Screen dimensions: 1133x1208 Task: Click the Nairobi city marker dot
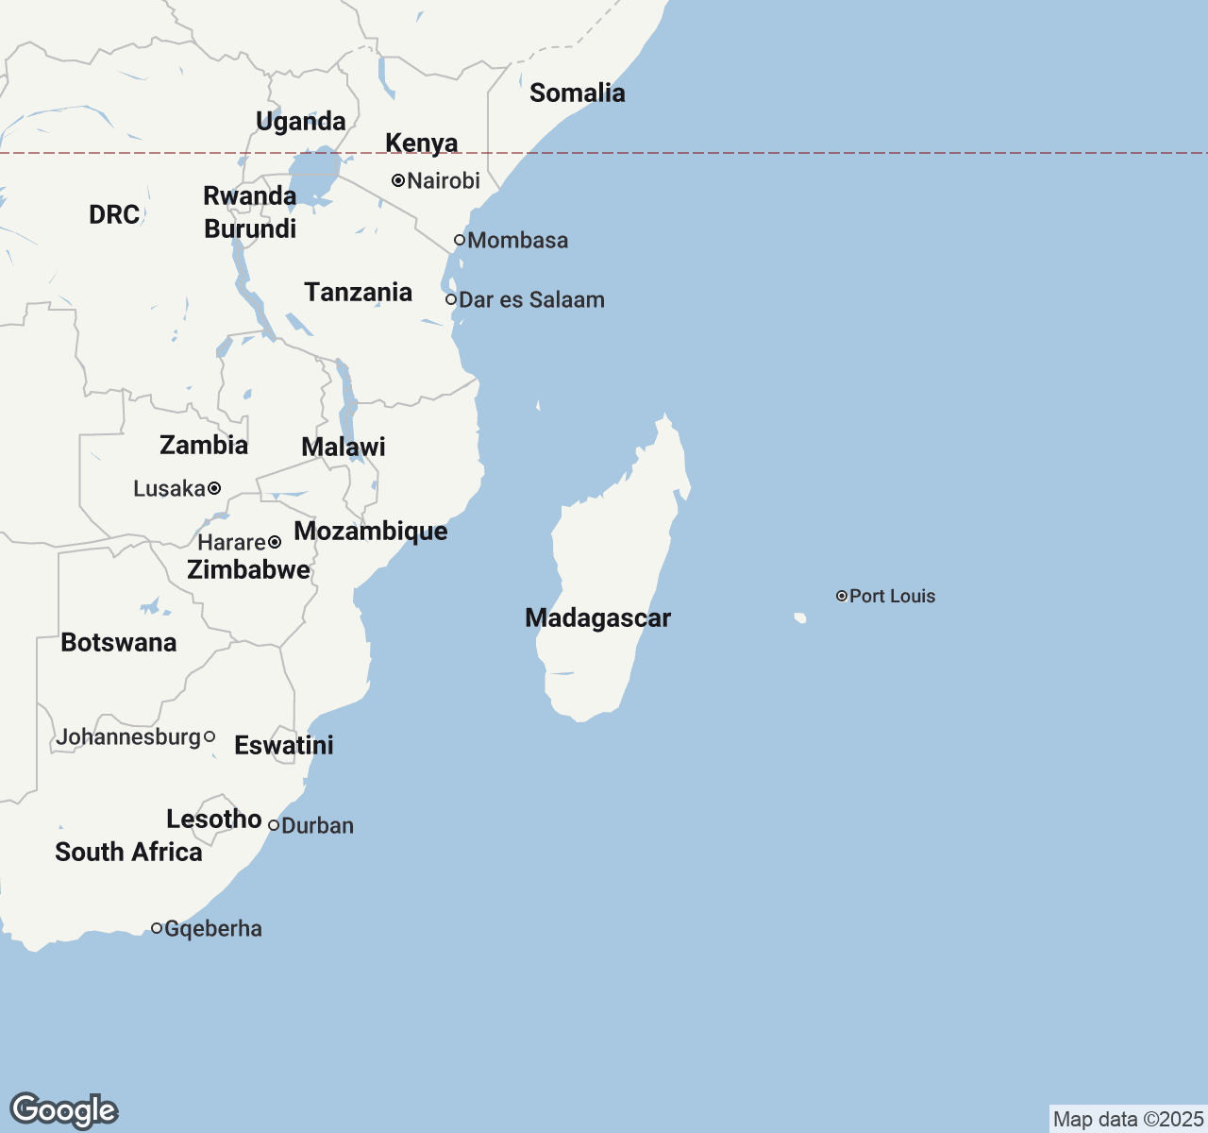(398, 180)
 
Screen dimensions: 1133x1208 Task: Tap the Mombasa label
(517, 241)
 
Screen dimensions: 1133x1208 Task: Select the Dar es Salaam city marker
(451, 299)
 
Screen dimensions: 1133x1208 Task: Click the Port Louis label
(892, 596)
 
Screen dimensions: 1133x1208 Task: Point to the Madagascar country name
(597, 618)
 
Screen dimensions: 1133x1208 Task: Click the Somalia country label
(577, 93)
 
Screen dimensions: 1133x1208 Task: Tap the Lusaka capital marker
(214, 488)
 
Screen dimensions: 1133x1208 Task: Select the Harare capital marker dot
(275, 542)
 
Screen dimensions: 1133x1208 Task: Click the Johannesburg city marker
(210, 736)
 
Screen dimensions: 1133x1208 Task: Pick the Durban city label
(317, 826)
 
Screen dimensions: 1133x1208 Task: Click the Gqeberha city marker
(157, 928)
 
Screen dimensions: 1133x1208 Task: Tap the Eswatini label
(283, 745)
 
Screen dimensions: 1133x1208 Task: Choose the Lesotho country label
(213, 819)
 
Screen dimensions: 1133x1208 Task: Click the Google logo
(63, 1110)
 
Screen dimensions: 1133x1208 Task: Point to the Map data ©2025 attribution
(1128, 1120)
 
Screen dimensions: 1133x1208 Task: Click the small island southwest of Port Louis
(800, 618)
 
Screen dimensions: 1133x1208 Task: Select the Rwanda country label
(249, 195)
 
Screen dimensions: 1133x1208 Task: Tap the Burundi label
(250, 228)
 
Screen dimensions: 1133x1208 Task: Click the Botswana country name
(118, 643)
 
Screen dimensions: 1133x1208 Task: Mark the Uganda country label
(300, 121)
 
